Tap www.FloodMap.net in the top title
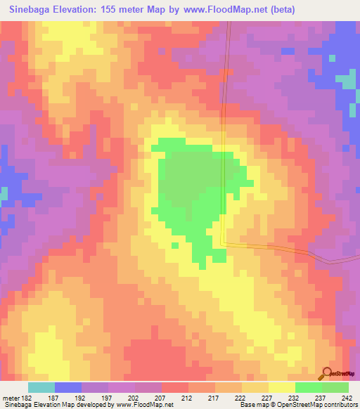(x=221, y=9)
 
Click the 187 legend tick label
(x=54, y=397)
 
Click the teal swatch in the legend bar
(x=41, y=387)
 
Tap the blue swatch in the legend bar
(x=68, y=387)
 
